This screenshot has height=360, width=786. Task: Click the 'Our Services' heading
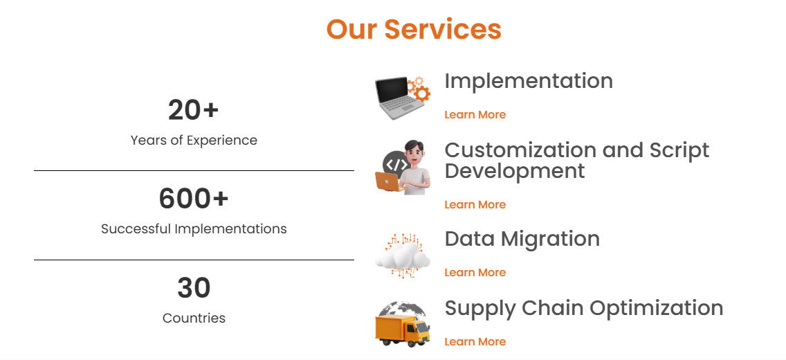tap(414, 29)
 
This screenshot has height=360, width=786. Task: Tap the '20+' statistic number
tap(194, 110)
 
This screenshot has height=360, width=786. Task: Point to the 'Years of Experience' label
tap(194, 140)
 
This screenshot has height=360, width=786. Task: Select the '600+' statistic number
tap(194, 199)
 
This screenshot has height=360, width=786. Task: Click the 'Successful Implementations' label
tap(194, 228)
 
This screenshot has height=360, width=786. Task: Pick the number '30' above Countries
tap(194, 288)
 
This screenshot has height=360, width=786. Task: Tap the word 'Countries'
tap(194, 318)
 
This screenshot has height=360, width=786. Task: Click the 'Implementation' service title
tap(529, 81)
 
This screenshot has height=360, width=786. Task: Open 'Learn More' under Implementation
tap(475, 115)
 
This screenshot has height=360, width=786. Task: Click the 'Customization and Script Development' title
tap(577, 160)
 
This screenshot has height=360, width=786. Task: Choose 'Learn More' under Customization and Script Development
tap(475, 205)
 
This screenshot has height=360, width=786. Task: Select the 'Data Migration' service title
tap(522, 239)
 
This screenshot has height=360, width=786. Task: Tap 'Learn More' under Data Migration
tap(475, 273)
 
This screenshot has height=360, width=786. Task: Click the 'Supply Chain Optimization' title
tap(584, 308)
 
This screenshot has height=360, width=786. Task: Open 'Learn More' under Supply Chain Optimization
tap(475, 342)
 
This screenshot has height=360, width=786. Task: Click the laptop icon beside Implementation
tap(396, 98)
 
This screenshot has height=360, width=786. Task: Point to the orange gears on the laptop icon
tap(419, 89)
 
